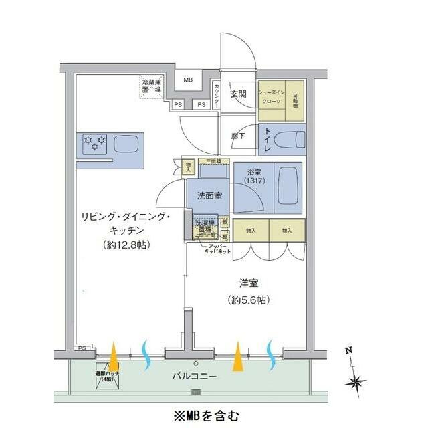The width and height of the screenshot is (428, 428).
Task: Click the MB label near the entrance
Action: tap(188, 80)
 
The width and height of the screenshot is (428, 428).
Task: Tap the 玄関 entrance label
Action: tap(239, 94)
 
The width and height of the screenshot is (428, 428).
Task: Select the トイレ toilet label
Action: tap(268, 140)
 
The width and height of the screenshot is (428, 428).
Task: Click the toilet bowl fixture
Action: tap(292, 140)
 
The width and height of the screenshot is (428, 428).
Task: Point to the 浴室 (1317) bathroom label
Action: tap(254, 176)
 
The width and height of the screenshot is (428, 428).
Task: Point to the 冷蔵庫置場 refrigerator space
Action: tap(152, 87)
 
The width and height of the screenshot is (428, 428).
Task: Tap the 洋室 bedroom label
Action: tap(247, 283)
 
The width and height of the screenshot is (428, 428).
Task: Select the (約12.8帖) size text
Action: tap(127, 245)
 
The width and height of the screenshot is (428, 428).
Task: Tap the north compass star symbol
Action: tap(356, 382)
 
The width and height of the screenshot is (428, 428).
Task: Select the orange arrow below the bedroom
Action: tap(237, 358)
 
